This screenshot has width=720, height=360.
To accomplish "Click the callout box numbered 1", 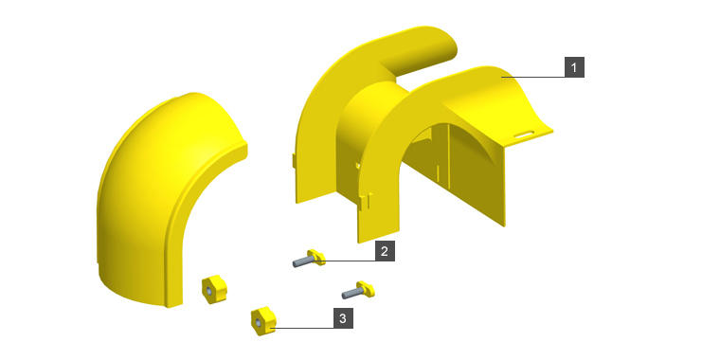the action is (x=574, y=67).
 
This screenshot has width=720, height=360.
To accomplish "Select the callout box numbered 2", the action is (x=385, y=252).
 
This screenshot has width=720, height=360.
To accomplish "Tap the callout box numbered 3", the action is (x=344, y=318).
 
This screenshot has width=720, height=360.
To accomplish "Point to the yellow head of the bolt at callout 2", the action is (x=316, y=257).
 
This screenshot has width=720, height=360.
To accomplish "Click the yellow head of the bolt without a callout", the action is (x=367, y=289).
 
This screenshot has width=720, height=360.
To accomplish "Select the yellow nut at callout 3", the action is (x=263, y=320).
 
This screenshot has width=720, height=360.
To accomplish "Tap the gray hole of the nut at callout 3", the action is (x=259, y=323).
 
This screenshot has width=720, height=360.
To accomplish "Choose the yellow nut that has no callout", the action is (x=214, y=289).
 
